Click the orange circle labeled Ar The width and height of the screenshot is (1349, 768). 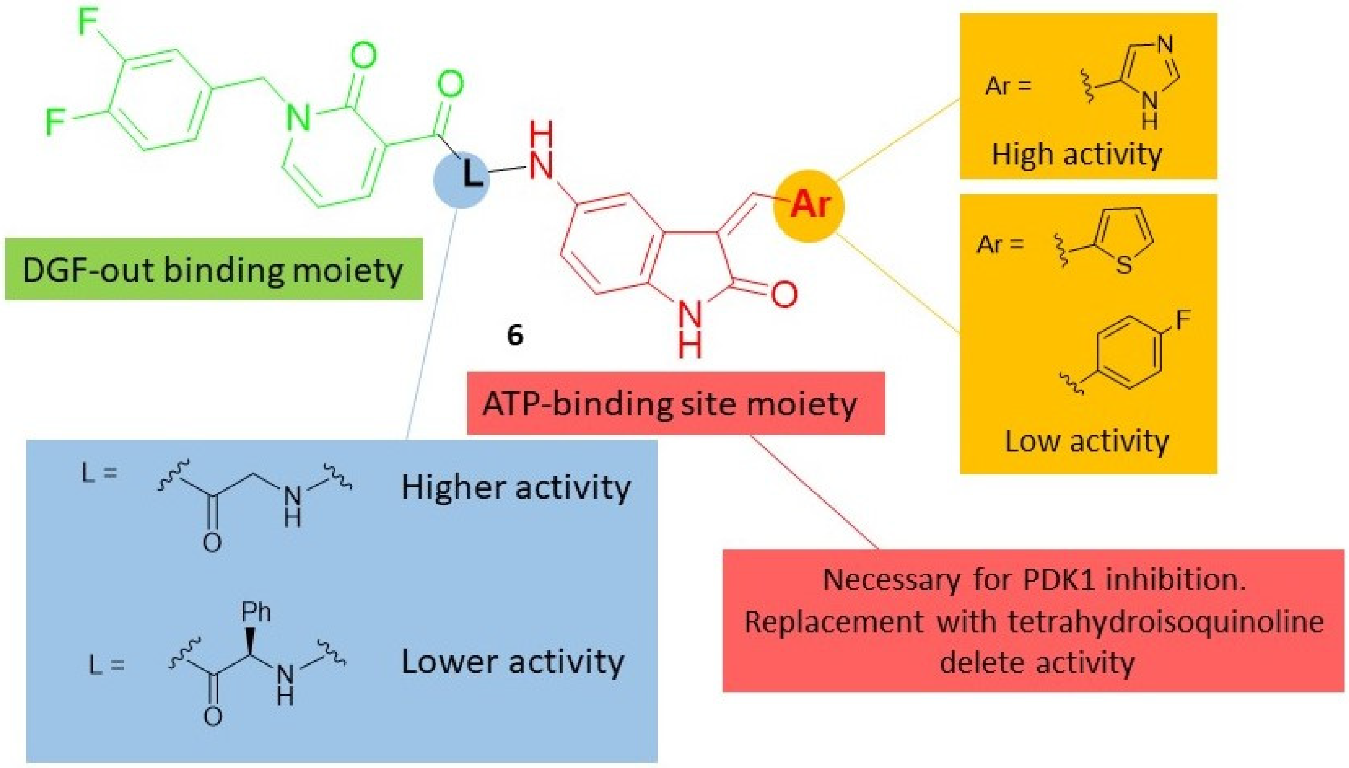click(808, 205)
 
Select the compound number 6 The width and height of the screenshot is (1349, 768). click(515, 335)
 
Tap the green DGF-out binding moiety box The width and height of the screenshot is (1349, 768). click(214, 269)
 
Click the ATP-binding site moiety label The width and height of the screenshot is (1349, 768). click(675, 403)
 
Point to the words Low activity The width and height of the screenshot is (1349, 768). click(1086, 441)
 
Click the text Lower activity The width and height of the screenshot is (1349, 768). click(512, 662)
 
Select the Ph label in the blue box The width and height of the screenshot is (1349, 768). click(256, 612)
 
